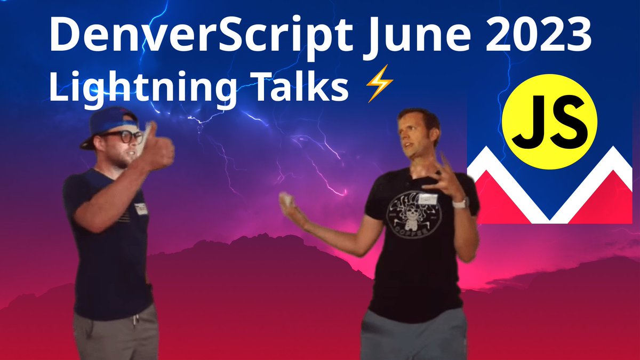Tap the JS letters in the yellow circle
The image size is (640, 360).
[550, 123]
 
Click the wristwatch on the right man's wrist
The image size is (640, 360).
[460, 203]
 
